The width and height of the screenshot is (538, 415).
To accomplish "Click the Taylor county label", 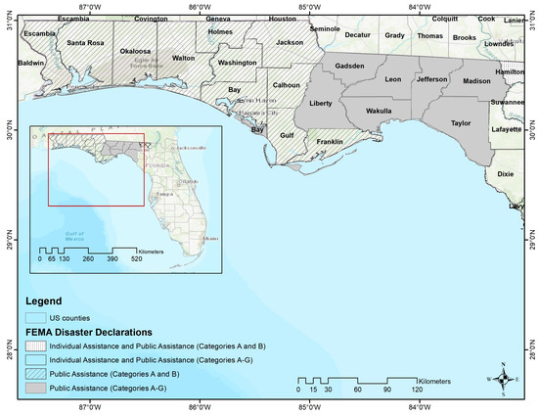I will click(461, 123).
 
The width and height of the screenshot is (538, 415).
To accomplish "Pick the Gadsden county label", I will click(349, 67).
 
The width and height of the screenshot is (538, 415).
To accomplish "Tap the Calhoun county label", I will click(286, 85).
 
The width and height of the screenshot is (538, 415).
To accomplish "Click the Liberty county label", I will click(321, 102).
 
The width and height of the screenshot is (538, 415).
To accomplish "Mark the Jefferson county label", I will click(431, 79).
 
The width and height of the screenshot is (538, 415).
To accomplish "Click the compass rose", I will click(503, 379).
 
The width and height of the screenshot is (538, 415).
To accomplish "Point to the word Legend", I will click(43, 300).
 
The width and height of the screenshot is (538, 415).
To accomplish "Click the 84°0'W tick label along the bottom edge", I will click(419, 407).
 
